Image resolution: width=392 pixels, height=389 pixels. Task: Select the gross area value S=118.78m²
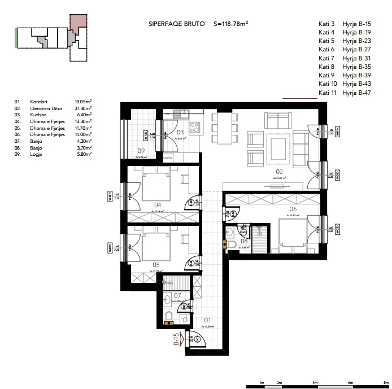click(232, 24)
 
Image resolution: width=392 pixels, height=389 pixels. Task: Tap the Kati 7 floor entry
click(326, 58)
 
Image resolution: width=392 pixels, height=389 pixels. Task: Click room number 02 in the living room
click(278, 171)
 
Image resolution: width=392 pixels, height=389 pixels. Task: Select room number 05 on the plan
click(156, 264)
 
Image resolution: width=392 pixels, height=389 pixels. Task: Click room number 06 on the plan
click(293, 208)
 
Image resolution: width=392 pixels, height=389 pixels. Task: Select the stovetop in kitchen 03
click(194, 126)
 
